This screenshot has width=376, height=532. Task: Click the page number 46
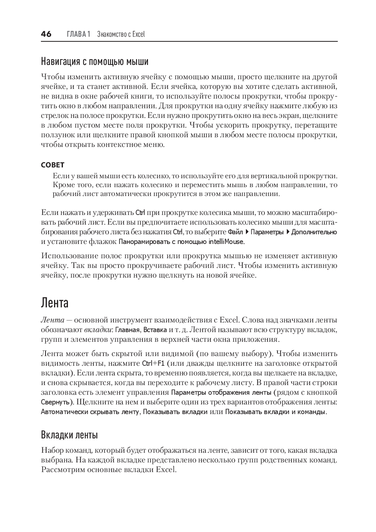[46, 34]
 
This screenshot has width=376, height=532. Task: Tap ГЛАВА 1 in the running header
[78, 34]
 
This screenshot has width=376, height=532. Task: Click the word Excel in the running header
[139, 34]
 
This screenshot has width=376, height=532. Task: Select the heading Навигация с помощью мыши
[95, 61]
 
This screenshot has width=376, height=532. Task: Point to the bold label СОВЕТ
[53, 165]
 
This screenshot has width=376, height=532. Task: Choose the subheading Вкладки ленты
[69, 435]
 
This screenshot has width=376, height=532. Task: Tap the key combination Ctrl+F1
[153, 363]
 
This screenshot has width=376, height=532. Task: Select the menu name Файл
[235, 232]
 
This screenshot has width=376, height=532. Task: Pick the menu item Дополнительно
[314, 232]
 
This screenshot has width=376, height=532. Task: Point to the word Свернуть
[56, 402]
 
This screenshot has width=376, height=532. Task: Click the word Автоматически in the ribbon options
[65, 412]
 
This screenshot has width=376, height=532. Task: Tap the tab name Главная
[127, 330]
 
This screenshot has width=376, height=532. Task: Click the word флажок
[103, 242]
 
